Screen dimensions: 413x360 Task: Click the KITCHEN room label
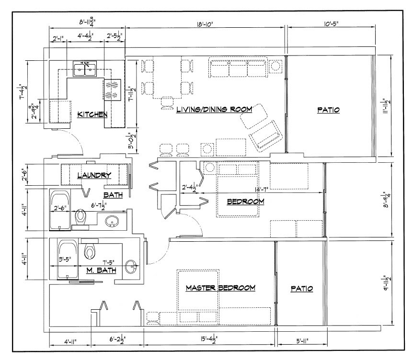point(92,114)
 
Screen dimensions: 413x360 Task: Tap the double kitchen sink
point(85,68)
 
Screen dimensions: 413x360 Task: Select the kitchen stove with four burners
point(113,90)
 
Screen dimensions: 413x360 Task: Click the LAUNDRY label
point(94,175)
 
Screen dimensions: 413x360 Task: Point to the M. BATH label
point(102,270)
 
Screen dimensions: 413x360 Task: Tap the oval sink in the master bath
point(131,267)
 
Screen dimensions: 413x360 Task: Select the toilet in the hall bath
point(80,217)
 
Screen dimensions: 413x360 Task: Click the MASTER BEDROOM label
point(220,288)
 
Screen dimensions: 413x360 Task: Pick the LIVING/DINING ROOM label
point(214,110)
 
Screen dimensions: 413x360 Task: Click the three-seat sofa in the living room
point(239,67)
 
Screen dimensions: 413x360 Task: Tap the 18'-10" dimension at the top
point(205,24)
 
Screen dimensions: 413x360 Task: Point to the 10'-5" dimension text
point(331,23)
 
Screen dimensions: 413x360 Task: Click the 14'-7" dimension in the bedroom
point(261,189)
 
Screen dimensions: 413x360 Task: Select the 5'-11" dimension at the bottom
point(302,341)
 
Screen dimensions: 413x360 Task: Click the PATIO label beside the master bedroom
point(302,289)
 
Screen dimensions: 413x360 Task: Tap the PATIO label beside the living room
point(328,110)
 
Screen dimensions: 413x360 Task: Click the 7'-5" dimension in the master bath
point(108,262)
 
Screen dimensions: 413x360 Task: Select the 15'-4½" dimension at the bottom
point(209,340)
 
